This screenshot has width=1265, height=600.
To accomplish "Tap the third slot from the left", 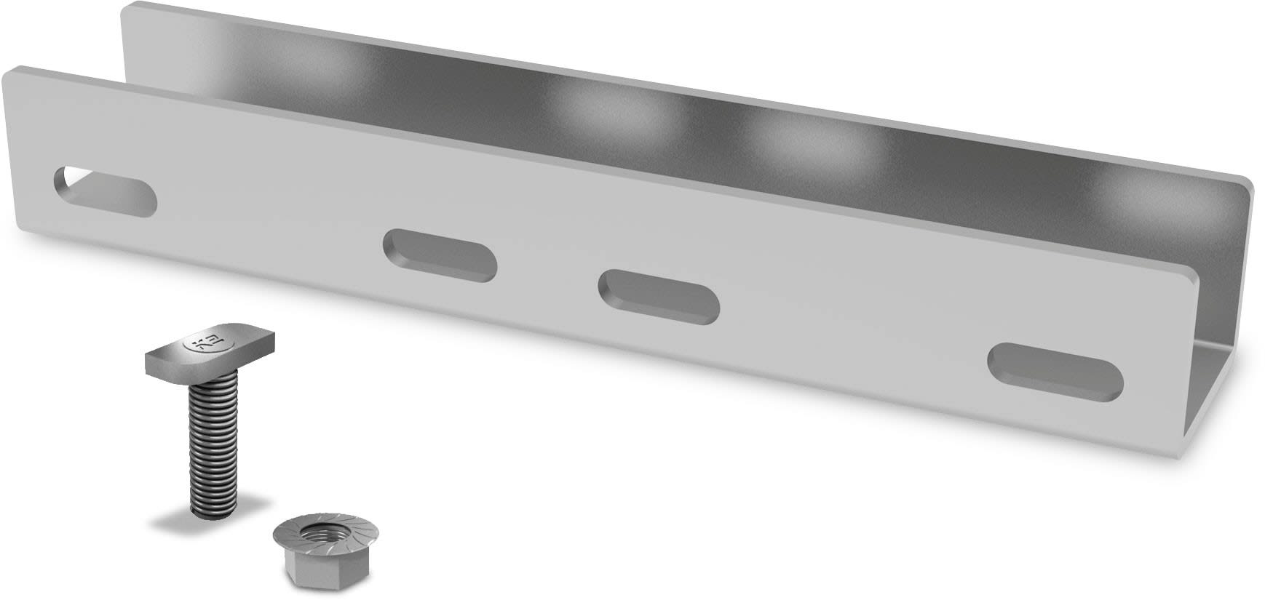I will click(659, 296).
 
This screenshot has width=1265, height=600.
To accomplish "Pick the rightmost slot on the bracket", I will click(1055, 372).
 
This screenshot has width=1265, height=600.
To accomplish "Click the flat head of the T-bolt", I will click(212, 352).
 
